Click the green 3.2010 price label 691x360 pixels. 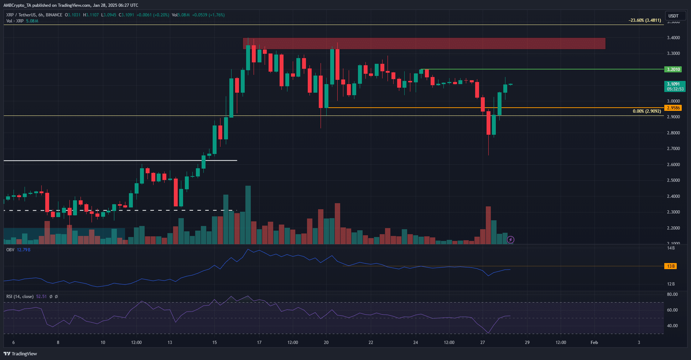click(x=673, y=70)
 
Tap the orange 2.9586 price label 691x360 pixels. click(x=673, y=108)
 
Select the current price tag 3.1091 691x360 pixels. click(x=673, y=84)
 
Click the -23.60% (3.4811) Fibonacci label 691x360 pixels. click(x=645, y=20)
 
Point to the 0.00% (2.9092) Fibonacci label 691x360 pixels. click(x=646, y=111)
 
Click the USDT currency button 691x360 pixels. click(x=673, y=16)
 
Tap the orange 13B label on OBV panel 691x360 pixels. click(x=671, y=266)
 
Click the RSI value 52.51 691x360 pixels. click(x=41, y=297)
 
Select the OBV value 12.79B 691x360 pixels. click(x=24, y=250)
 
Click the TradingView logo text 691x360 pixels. click(x=24, y=354)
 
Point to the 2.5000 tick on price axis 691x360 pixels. click(x=673, y=180)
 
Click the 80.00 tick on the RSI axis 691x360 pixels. click(x=672, y=294)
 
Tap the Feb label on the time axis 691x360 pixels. click(x=594, y=343)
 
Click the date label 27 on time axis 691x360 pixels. click(x=483, y=343)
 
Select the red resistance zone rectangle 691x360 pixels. click(x=424, y=43)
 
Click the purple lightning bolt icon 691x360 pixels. click(x=510, y=240)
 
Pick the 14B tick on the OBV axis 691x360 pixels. click(x=671, y=248)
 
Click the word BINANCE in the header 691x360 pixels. click(x=54, y=15)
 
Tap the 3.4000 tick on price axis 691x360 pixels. click(x=673, y=38)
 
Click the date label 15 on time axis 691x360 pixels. click(x=214, y=343)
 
